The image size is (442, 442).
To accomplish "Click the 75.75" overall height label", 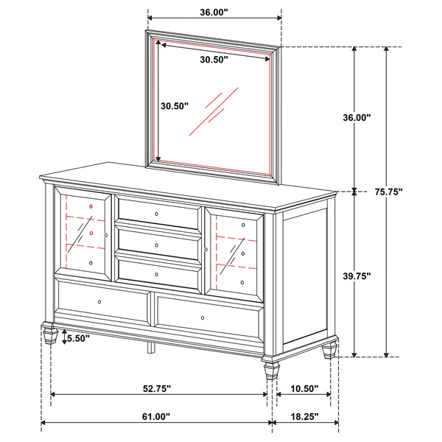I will [407, 191].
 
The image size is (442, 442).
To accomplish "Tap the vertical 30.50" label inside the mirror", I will [175, 106].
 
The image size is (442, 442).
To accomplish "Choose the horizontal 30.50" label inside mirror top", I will [214, 60].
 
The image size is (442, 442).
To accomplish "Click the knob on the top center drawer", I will [157, 214].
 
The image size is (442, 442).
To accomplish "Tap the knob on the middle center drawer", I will [157, 244].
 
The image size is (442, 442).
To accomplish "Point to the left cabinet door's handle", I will [107, 235].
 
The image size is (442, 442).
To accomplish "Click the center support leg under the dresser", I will [151, 346].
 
